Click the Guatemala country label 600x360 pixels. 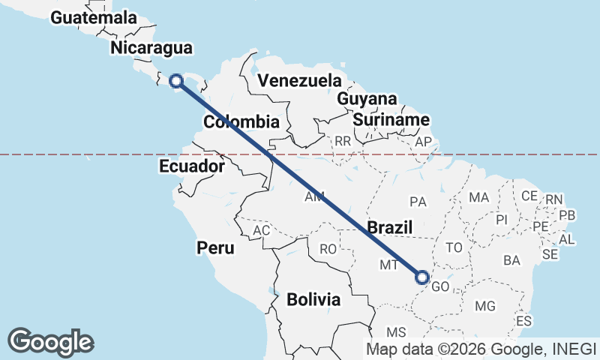tap(94, 17)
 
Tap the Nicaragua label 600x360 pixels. tap(151, 48)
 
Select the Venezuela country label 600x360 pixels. tap(298, 80)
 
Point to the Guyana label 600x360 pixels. tap(367, 99)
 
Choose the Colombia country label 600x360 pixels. tap(241, 121)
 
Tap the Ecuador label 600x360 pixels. tap(191, 166)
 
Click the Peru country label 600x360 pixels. tap(215, 247)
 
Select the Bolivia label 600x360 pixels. tap(313, 299)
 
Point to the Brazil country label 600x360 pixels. tap(391, 227)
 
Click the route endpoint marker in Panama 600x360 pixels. tap(176, 81)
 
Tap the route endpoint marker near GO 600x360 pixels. tap(422, 278)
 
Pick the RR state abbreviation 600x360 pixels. tap(343, 140)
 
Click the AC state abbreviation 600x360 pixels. tap(261, 231)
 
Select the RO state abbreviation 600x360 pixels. tap(328, 249)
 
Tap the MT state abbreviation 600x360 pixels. tap(388, 265)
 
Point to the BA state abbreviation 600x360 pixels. tap(512, 260)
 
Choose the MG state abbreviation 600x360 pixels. tap(485, 306)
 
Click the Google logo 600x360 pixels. tap(51, 341)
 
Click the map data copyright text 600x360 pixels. tap(481, 348)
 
